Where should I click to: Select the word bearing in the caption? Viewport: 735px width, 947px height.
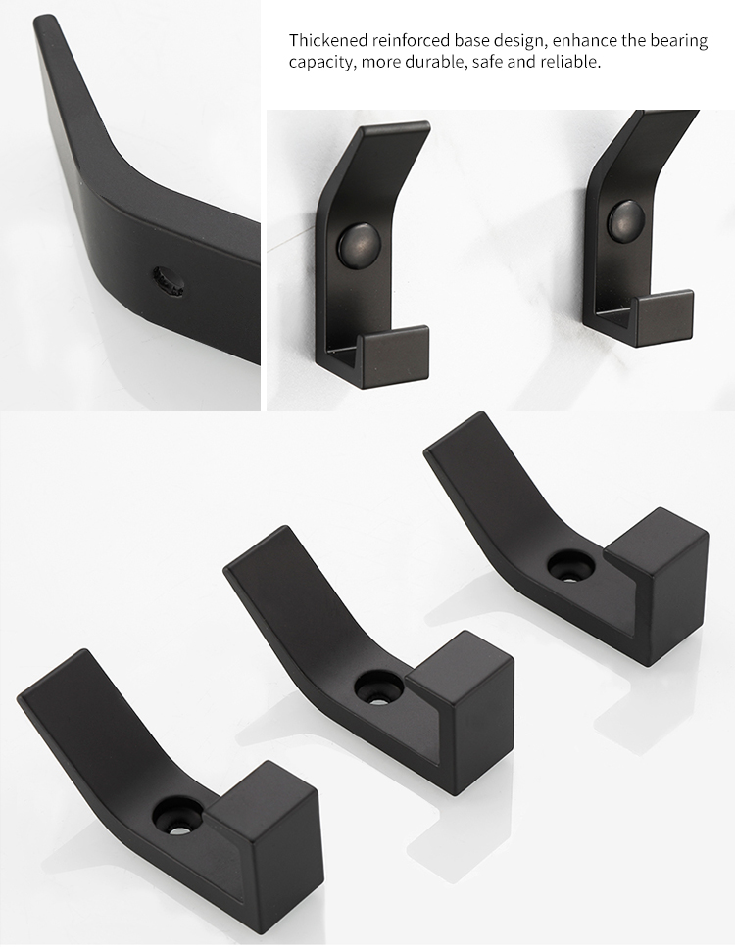pos(678,42)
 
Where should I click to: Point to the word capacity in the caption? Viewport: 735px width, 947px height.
pos(320,63)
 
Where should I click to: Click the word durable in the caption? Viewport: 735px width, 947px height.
pos(435,61)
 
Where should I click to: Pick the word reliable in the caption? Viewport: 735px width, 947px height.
pos(570,61)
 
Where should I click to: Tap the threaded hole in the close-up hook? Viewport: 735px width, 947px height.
pos(169,281)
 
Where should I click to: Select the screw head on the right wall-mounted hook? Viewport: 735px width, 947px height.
pos(626,218)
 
